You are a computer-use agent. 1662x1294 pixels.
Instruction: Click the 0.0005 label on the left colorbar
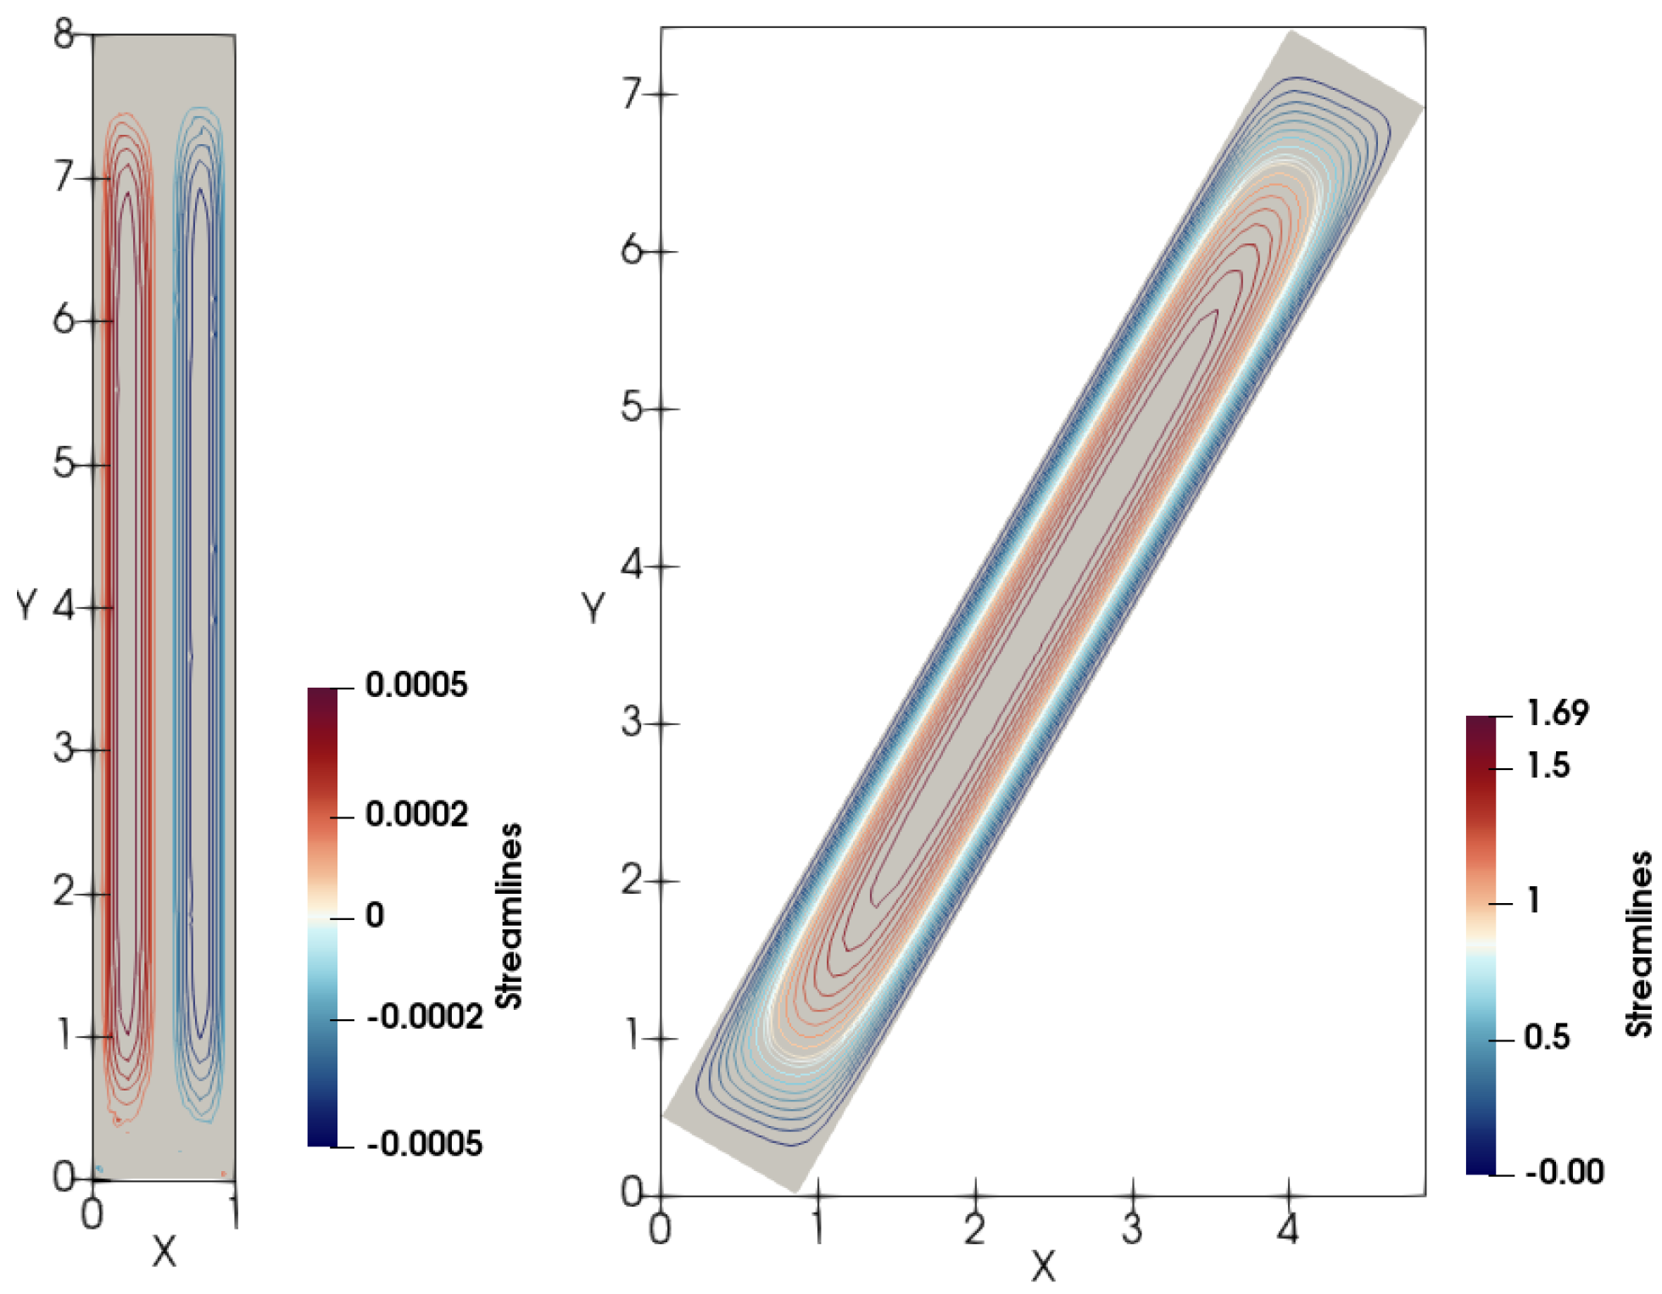tap(415, 684)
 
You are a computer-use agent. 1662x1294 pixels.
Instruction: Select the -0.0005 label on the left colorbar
tap(425, 1144)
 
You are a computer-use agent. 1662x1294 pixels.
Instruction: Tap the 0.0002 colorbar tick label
tap(416, 814)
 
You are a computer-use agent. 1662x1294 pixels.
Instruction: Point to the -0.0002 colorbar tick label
tap(425, 1016)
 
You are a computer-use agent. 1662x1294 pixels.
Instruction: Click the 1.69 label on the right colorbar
tap(1558, 713)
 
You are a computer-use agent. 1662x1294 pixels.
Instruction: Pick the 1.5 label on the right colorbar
tap(1548, 766)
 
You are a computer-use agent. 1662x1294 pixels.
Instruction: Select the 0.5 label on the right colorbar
tap(1547, 1037)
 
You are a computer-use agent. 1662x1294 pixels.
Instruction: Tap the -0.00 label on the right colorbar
tap(1564, 1172)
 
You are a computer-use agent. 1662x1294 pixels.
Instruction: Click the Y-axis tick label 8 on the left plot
tap(64, 35)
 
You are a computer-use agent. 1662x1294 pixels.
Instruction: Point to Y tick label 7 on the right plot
tap(632, 94)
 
